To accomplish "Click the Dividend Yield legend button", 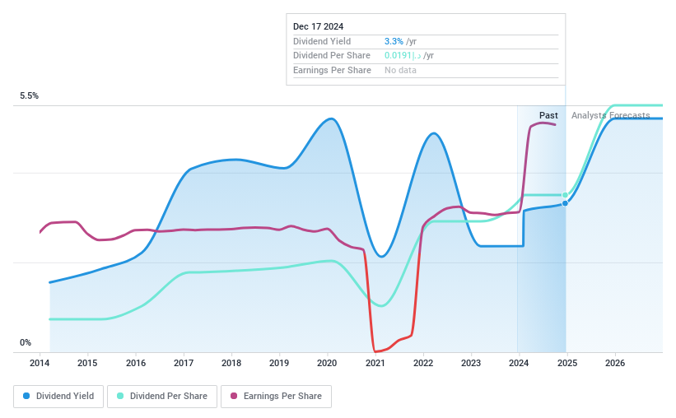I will (x=58, y=396).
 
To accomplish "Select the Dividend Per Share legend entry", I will (x=162, y=396).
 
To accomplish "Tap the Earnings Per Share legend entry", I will (x=276, y=396).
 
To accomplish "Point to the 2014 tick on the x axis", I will (x=40, y=363).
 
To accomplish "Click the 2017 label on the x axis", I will (x=184, y=363).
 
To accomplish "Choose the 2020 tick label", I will (x=327, y=363).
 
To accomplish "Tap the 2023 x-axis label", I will (x=471, y=363).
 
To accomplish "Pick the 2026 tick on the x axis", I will (x=614, y=363).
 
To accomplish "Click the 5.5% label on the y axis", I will (x=30, y=96).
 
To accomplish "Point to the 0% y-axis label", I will (x=26, y=343).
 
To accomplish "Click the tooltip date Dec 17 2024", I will (x=318, y=26).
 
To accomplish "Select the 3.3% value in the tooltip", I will (x=394, y=41).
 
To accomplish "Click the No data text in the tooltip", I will (x=400, y=71).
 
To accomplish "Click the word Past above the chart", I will (x=548, y=115).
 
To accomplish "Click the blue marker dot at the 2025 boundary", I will (x=565, y=202).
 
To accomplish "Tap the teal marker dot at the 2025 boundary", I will (x=565, y=195).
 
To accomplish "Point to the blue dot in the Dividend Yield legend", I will (x=26, y=396).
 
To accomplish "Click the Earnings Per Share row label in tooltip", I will (x=332, y=71).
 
